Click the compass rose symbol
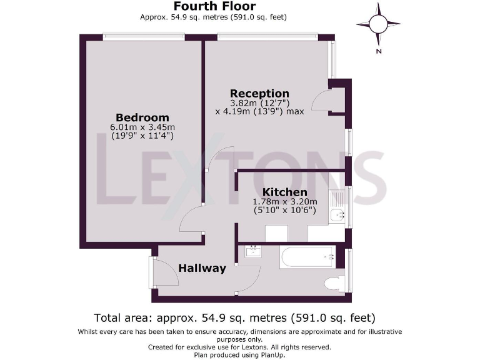pos(379,23)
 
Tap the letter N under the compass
pos(379,52)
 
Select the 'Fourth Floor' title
pos(214,7)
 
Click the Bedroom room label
pos(142,117)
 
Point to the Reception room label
pos(259,94)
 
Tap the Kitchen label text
pos(284,192)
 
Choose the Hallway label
pos(202,268)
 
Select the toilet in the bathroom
pos(333,282)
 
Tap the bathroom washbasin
pos(254,252)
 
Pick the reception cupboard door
pos(321,100)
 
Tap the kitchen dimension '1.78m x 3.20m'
pos(284,201)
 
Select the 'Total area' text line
pos(234,317)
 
